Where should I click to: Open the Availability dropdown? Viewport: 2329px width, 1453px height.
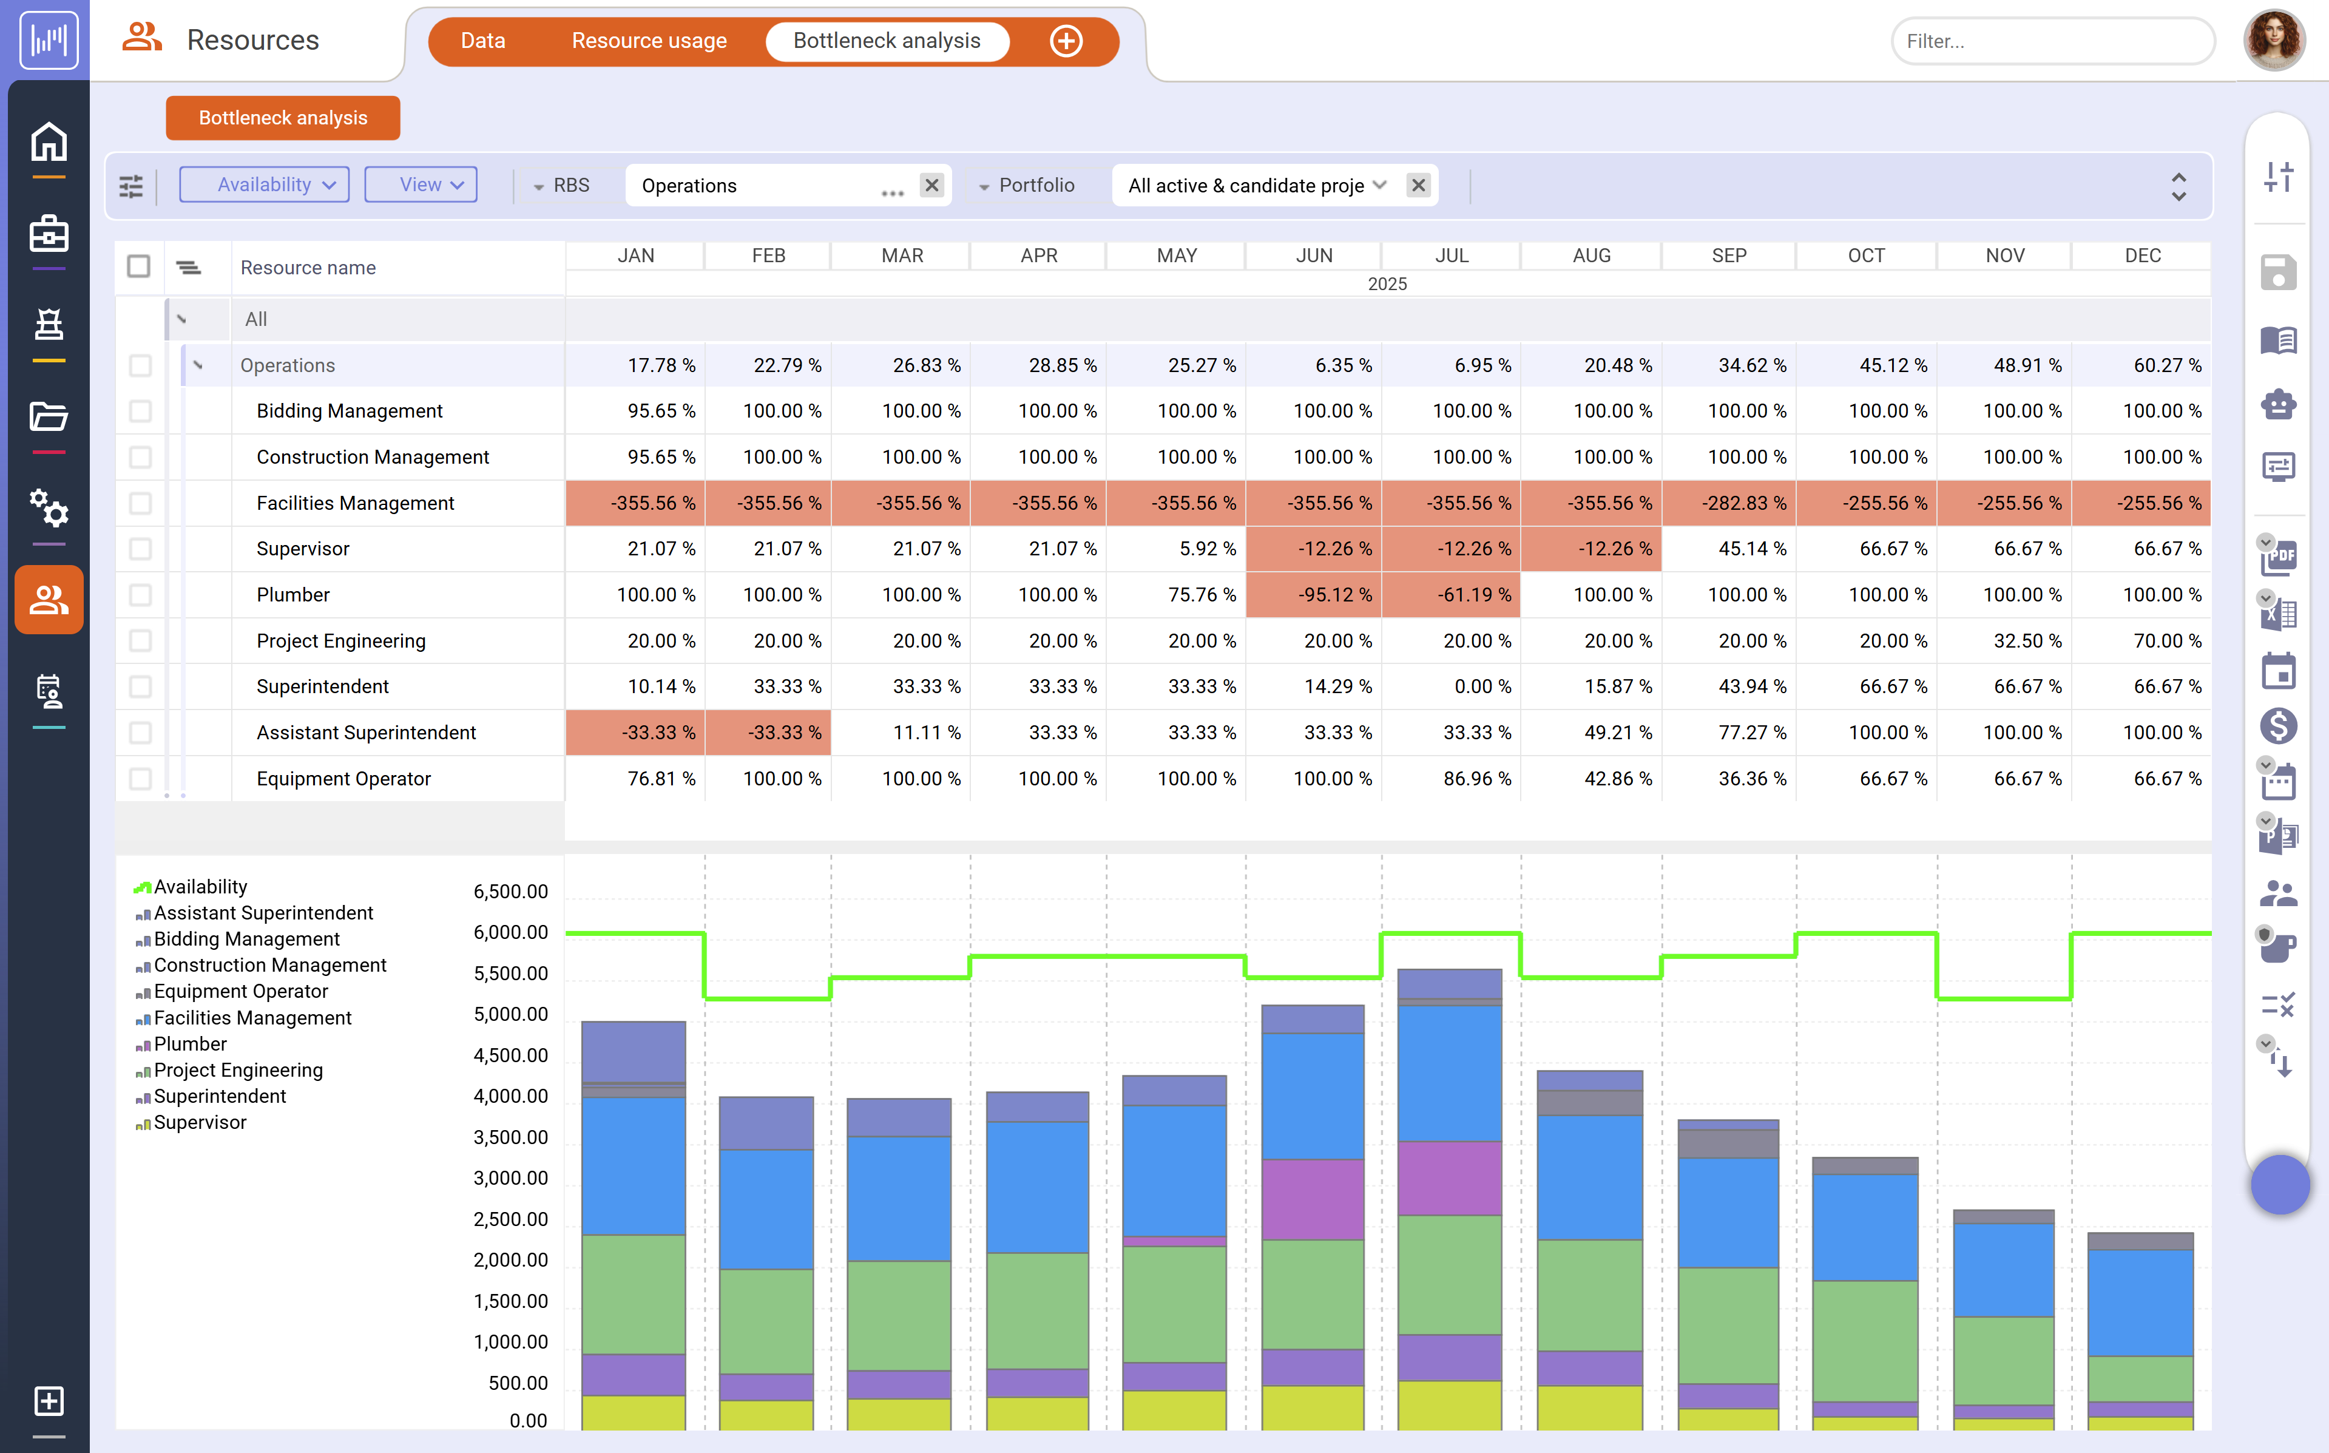264,185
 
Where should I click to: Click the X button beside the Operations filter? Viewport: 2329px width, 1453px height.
931,185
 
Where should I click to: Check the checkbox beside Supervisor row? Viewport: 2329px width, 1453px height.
140,549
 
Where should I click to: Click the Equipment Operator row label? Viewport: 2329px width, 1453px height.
343,778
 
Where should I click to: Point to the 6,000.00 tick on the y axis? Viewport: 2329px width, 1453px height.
510,932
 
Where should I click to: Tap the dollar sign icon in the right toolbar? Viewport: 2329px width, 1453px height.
2278,725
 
